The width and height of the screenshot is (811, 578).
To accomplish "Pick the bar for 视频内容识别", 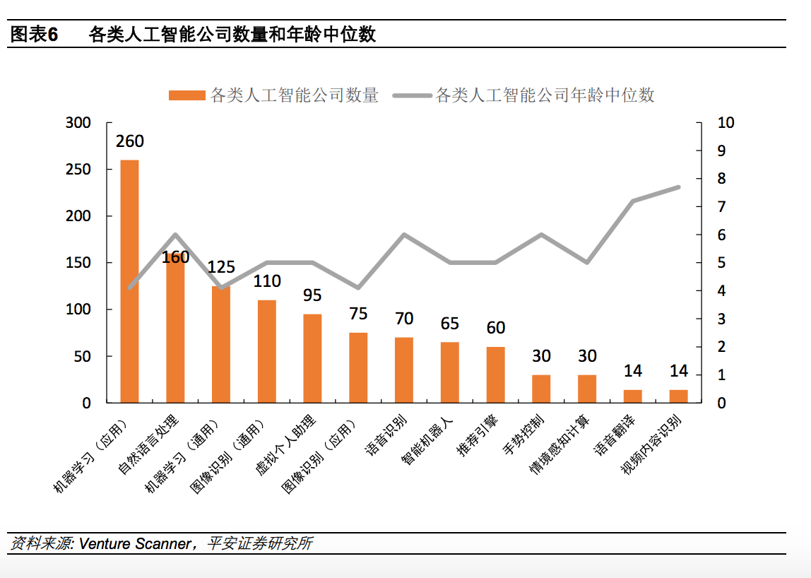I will click(x=678, y=396).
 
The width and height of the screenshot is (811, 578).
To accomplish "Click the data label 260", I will click(x=129, y=141).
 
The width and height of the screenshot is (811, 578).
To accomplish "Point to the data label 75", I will click(x=358, y=314).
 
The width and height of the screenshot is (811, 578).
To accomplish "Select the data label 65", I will click(x=449, y=324).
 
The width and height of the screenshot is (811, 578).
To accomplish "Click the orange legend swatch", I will click(x=187, y=95).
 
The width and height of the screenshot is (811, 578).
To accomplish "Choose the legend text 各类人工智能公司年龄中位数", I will click(x=545, y=95).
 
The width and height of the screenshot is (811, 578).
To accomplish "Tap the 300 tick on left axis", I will click(x=78, y=123).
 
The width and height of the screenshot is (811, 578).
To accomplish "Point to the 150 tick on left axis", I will click(x=78, y=263).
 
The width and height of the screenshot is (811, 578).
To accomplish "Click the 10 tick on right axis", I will click(x=726, y=123).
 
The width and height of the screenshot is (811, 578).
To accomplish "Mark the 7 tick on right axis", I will click(x=721, y=207).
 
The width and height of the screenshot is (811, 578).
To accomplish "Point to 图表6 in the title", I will click(x=33, y=34).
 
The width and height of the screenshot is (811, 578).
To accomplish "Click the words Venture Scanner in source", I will click(x=134, y=543).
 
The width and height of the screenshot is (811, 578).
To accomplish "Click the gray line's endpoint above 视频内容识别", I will click(x=678, y=187).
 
